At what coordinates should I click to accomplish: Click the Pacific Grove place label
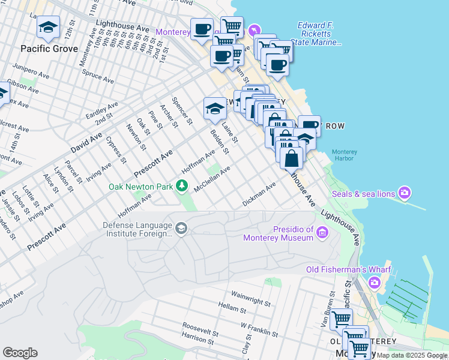coord(49,48)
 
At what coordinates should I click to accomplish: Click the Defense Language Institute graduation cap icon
coord(181,228)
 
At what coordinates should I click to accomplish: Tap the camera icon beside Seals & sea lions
coord(406,193)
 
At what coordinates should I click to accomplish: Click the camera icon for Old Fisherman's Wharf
coord(375,282)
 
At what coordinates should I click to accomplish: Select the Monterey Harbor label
coord(345,155)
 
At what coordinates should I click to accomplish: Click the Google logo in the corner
coord(20,353)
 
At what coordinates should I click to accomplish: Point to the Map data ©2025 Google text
coord(412,355)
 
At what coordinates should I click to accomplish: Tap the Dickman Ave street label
coord(259,195)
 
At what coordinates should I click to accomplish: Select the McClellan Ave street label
coord(212,179)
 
